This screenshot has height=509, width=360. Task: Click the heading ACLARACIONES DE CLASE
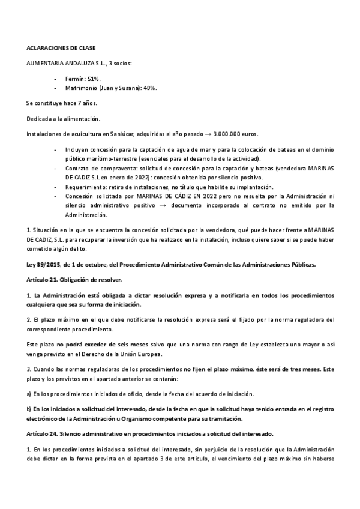point(61,47)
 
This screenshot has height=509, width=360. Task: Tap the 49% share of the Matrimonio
point(149,88)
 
